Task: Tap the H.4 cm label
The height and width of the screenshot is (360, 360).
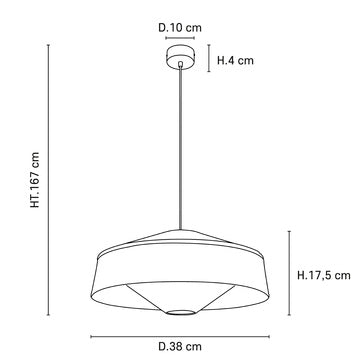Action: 237,60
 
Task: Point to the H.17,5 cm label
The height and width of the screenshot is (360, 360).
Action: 324,274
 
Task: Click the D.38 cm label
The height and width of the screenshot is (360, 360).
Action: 180,346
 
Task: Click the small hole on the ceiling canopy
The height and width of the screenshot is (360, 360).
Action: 180,61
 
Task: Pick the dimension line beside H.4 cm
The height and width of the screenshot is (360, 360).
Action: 207,59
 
